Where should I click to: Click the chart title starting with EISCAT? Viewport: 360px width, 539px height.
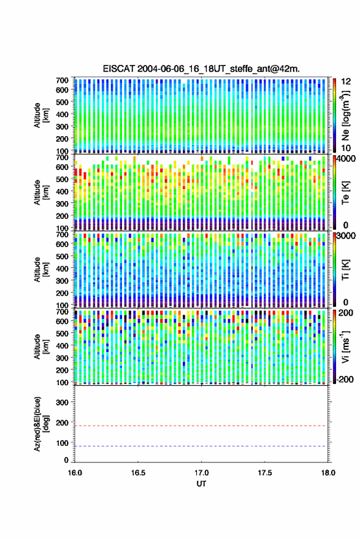pyautogui.click(x=201, y=69)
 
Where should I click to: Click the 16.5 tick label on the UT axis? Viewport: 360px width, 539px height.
pyautogui.click(x=138, y=473)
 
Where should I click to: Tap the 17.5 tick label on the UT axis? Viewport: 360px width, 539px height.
pyautogui.click(x=264, y=473)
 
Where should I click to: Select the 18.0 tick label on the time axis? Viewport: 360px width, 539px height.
pyautogui.click(x=328, y=473)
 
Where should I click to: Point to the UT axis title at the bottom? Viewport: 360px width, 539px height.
pyautogui.click(x=201, y=484)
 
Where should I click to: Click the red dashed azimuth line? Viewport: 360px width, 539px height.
pyautogui.click(x=201, y=426)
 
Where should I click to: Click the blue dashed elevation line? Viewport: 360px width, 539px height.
pyautogui.click(x=201, y=446)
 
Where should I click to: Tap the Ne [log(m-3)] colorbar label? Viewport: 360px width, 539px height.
pyautogui.click(x=345, y=115)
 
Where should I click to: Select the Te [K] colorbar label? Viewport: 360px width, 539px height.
pyautogui.click(x=345, y=193)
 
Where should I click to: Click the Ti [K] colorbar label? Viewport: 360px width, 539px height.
pyautogui.click(x=345, y=270)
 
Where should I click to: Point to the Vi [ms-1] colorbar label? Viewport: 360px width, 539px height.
pyautogui.click(x=345, y=346)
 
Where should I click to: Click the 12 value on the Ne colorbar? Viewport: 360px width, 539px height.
pyautogui.click(x=346, y=82)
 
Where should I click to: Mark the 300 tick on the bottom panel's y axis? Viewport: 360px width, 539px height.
pyautogui.click(x=62, y=402)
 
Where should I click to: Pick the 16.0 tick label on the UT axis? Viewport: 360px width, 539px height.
pyautogui.click(x=75, y=473)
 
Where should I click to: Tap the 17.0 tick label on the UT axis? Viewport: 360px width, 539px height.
pyautogui.click(x=201, y=473)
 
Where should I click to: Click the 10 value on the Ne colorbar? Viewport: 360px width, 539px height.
pyautogui.click(x=346, y=148)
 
